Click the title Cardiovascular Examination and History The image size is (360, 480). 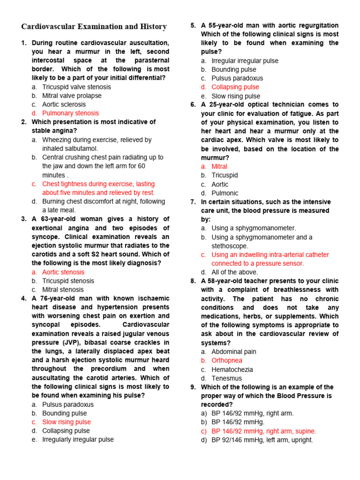click(94, 27)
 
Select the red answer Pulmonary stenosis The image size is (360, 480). click(70, 113)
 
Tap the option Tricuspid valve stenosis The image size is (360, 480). click(76, 87)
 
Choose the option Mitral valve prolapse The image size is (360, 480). click(72, 96)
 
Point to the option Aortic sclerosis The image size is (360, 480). click(64, 105)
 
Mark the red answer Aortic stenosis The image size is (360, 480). click(63, 272)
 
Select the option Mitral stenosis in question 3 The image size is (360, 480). click(63, 290)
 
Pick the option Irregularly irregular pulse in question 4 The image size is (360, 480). click(78, 439)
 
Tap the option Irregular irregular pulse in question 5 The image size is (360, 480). click(245, 60)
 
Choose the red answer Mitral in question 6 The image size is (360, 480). click(219, 166)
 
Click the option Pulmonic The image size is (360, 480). click(225, 193)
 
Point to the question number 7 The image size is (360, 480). click(193, 202)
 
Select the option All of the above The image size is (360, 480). click(234, 272)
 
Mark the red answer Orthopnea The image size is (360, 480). click(227, 360)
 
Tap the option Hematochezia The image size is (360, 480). click(232, 369)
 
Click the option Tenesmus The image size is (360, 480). click(227, 378)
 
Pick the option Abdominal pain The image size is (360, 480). click(234, 352)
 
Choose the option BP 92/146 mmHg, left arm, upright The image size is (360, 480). click(262, 440)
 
